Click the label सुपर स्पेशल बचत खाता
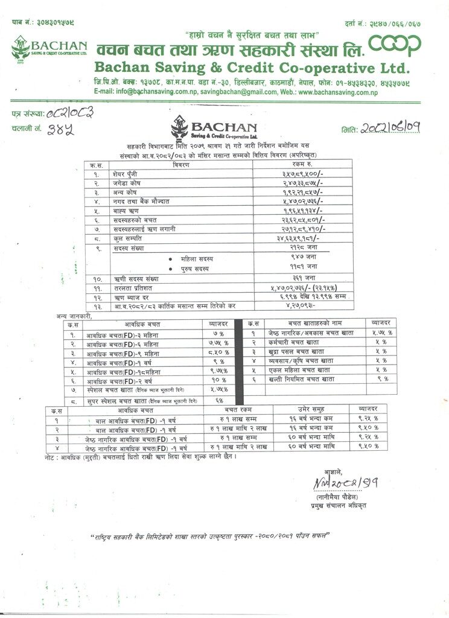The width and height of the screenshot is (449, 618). [127, 400]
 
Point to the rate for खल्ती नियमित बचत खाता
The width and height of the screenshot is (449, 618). [381, 379]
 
